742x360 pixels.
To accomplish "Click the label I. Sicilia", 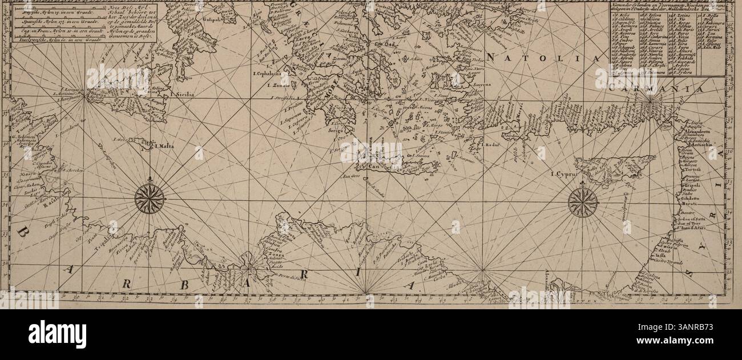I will coord(183,95).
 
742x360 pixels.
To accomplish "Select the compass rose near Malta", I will coord(150,199).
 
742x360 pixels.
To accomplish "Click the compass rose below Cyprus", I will coord(583,202).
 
